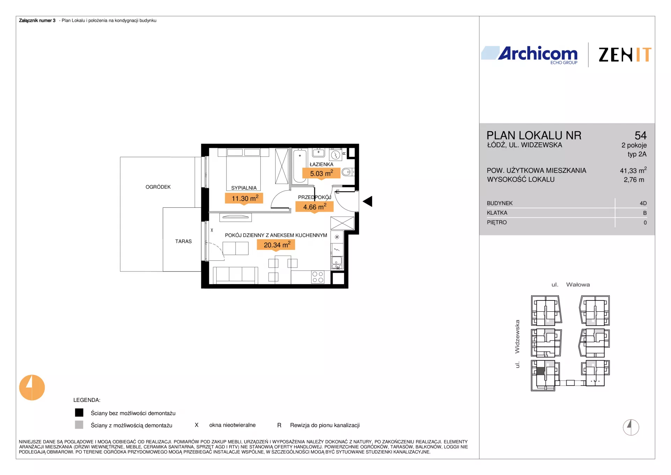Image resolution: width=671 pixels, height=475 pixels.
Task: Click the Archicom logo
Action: [529, 55]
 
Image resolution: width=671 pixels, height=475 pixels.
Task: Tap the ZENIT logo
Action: [625, 55]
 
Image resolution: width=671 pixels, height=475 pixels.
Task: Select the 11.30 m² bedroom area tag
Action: [244, 199]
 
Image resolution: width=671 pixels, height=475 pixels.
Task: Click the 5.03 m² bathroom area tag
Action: [322, 173]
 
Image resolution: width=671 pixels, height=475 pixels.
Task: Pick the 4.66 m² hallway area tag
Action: [315, 207]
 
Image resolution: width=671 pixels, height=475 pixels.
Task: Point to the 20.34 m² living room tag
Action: [276, 245]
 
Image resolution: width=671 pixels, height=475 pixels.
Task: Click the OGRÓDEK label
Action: [158, 187]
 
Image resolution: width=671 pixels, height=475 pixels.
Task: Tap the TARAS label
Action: [183, 241]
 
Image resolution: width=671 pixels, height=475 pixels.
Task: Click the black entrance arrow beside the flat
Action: [368, 201]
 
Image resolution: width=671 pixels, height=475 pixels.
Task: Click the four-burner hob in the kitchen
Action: [318, 277]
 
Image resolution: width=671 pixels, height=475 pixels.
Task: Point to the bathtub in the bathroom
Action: [300, 165]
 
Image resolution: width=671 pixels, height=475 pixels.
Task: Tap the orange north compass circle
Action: [32, 388]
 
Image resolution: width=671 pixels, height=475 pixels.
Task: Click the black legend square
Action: [79, 413]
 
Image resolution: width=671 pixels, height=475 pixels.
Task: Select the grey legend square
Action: [79, 425]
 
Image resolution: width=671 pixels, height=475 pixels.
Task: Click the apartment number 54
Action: [641, 135]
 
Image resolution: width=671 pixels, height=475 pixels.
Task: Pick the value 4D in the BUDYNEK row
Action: [643, 203]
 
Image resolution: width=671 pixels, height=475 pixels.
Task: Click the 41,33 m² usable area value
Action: [633, 170]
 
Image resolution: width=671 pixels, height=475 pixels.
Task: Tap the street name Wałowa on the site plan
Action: [578, 285]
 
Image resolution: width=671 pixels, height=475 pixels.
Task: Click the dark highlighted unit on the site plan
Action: [541, 371]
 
